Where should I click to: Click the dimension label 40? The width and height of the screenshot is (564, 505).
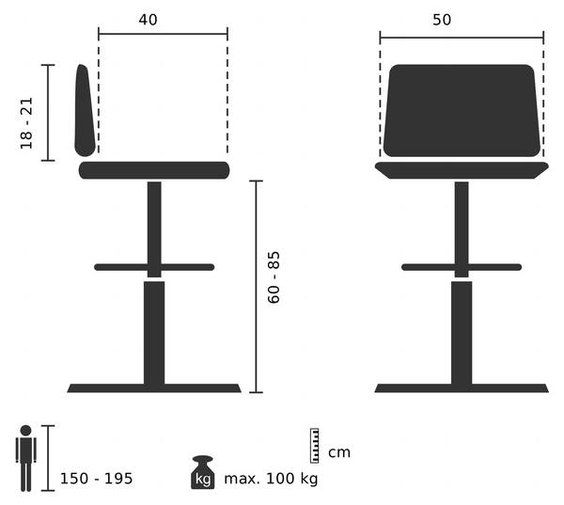pyautogui.click(x=148, y=20)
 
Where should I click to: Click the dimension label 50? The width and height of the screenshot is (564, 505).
pyautogui.click(x=442, y=20)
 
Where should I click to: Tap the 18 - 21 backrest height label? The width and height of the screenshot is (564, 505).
pyautogui.click(x=26, y=123)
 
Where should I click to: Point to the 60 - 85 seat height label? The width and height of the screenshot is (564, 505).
pyautogui.click(x=274, y=277)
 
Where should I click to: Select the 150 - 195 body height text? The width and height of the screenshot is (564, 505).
pyautogui.click(x=97, y=479)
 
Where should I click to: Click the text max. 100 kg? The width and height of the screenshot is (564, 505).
pyautogui.click(x=271, y=479)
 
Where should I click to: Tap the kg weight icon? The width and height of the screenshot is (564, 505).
pyautogui.click(x=203, y=472)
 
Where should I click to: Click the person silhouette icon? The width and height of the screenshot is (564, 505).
pyautogui.click(x=26, y=458)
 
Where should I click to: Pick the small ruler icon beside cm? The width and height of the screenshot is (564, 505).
pyautogui.click(x=314, y=446)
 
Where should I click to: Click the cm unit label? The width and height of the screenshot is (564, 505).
pyautogui.click(x=339, y=452)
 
